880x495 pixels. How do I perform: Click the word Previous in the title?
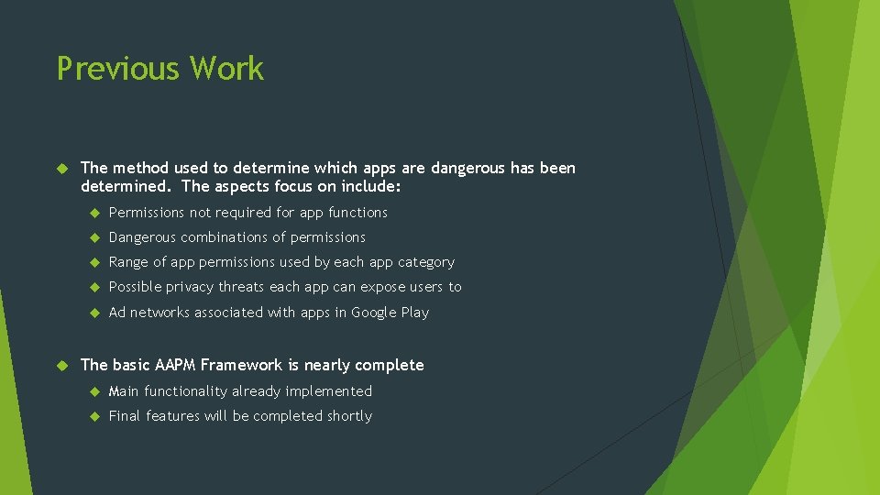pyautogui.click(x=117, y=69)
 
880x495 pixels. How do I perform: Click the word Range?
pyautogui.click(x=126, y=262)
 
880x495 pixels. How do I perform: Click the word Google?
pyautogui.click(x=375, y=313)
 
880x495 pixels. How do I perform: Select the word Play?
pyautogui.click(x=415, y=313)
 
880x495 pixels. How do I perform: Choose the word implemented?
pyautogui.click(x=329, y=391)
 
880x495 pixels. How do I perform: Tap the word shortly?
pyautogui.click(x=349, y=416)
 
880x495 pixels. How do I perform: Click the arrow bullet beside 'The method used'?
pyautogui.click(x=62, y=169)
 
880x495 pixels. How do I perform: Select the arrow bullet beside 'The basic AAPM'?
pyautogui.click(x=62, y=366)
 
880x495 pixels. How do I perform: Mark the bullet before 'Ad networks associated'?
pyautogui.click(x=93, y=313)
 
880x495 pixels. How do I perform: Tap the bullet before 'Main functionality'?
pyautogui.click(x=93, y=392)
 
